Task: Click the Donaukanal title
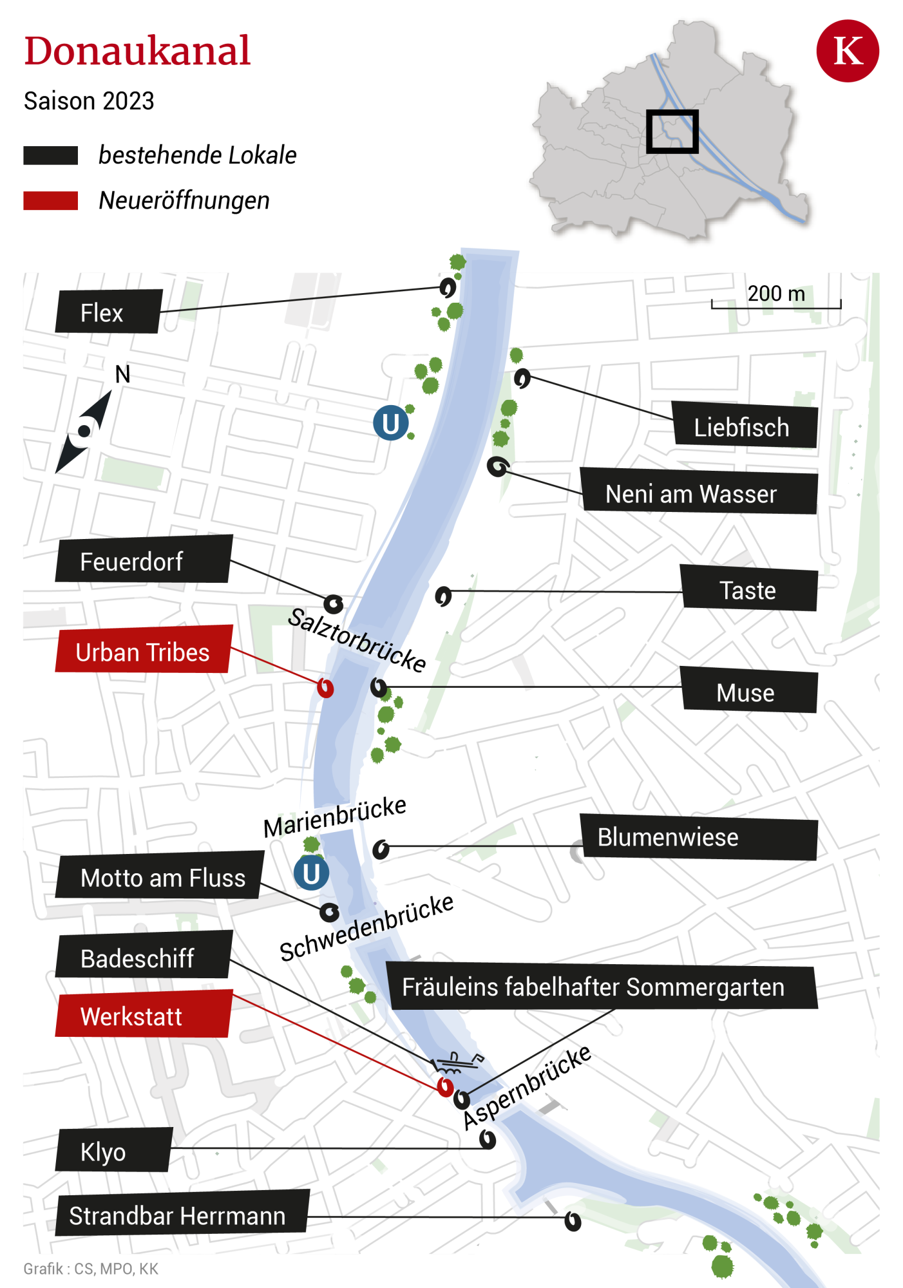click(x=137, y=52)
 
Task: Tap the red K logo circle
click(x=847, y=51)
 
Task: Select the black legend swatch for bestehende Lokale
click(x=50, y=155)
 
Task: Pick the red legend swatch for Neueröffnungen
click(x=50, y=200)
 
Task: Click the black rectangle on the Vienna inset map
click(x=672, y=131)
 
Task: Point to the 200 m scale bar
click(x=776, y=304)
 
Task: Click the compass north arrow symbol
click(x=84, y=430)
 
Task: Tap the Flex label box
click(x=108, y=312)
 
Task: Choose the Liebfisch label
click(x=745, y=426)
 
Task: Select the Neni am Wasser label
click(x=699, y=493)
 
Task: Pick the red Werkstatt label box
click(x=143, y=1016)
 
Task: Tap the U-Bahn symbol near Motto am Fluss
click(x=311, y=873)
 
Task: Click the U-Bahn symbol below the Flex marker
click(x=390, y=423)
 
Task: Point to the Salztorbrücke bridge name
click(x=357, y=639)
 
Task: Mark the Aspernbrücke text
click(x=527, y=1087)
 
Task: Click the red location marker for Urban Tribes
click(x=325, y=688)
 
